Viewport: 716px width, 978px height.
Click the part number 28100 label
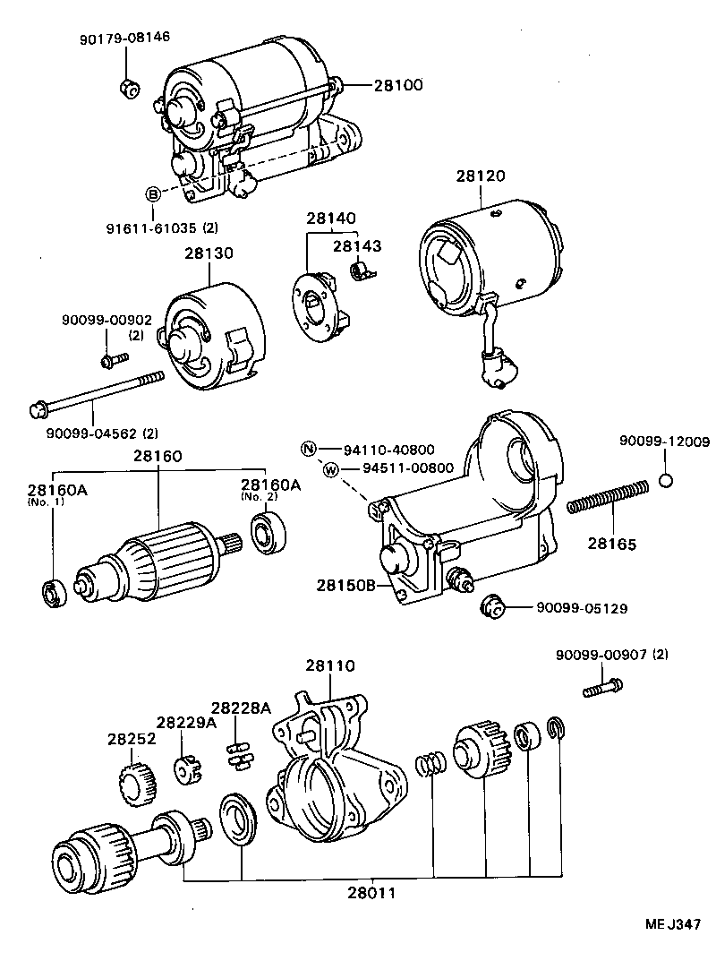397,86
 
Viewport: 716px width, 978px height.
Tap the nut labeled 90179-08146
126,87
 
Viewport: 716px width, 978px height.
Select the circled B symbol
153,194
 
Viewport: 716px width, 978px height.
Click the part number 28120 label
482,176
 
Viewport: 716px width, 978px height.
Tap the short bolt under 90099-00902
113,361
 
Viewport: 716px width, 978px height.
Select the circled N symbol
307,449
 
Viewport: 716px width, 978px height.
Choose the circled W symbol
329,469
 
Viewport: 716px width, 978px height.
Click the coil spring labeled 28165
607,497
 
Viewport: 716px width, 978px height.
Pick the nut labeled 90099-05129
490,606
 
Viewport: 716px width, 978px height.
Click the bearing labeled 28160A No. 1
52,592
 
